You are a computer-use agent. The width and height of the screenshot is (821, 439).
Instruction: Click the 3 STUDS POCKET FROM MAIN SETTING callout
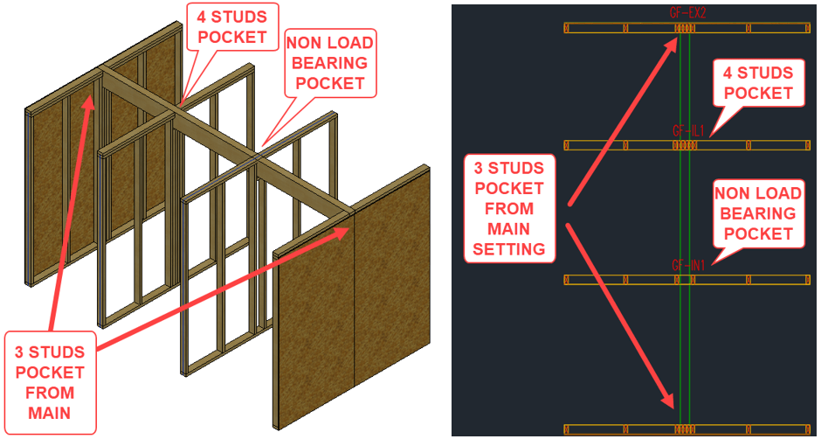coord(508,208)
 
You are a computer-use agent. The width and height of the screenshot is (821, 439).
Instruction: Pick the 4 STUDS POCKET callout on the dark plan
coord(759,82)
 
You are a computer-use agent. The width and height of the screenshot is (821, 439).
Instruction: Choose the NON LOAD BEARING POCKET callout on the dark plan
coord(759,213)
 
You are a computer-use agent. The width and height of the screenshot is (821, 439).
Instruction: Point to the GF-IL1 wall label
coord(688,130)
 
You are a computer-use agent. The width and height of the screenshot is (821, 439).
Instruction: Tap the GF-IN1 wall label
coord(688,264)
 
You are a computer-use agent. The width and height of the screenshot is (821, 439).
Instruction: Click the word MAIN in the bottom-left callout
coord(50,413)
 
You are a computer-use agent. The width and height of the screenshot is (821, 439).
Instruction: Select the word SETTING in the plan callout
coord(508,249)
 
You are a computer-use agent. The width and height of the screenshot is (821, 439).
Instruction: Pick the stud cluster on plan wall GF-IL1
coord(686,145)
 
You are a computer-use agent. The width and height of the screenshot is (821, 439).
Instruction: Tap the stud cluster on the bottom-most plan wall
coord(686,429)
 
